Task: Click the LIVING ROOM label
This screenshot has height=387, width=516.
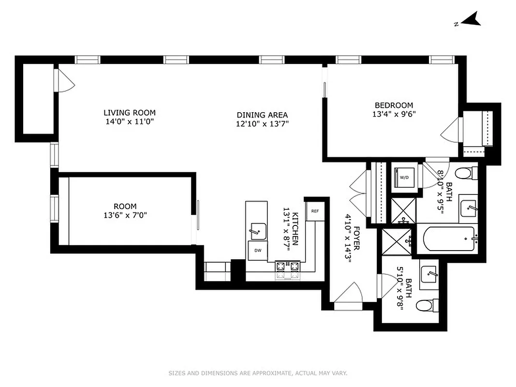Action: tap(130, 113)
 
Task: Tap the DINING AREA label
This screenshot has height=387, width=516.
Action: tap(262, 115)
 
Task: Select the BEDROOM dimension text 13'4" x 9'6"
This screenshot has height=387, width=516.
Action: tap(394, 115)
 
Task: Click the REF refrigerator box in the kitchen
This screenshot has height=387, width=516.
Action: tap(315, 211)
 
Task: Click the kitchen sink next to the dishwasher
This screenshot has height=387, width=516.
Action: tap(258, 231)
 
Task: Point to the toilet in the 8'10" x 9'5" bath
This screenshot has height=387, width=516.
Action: tap(466, 173)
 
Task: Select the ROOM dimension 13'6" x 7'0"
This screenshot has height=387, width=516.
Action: tap(125, 215)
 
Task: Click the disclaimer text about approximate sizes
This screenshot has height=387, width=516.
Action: tap(258, 373)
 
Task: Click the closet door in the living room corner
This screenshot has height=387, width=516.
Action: tap(65, 81)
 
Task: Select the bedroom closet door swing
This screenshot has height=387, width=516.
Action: tap(450, 130)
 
